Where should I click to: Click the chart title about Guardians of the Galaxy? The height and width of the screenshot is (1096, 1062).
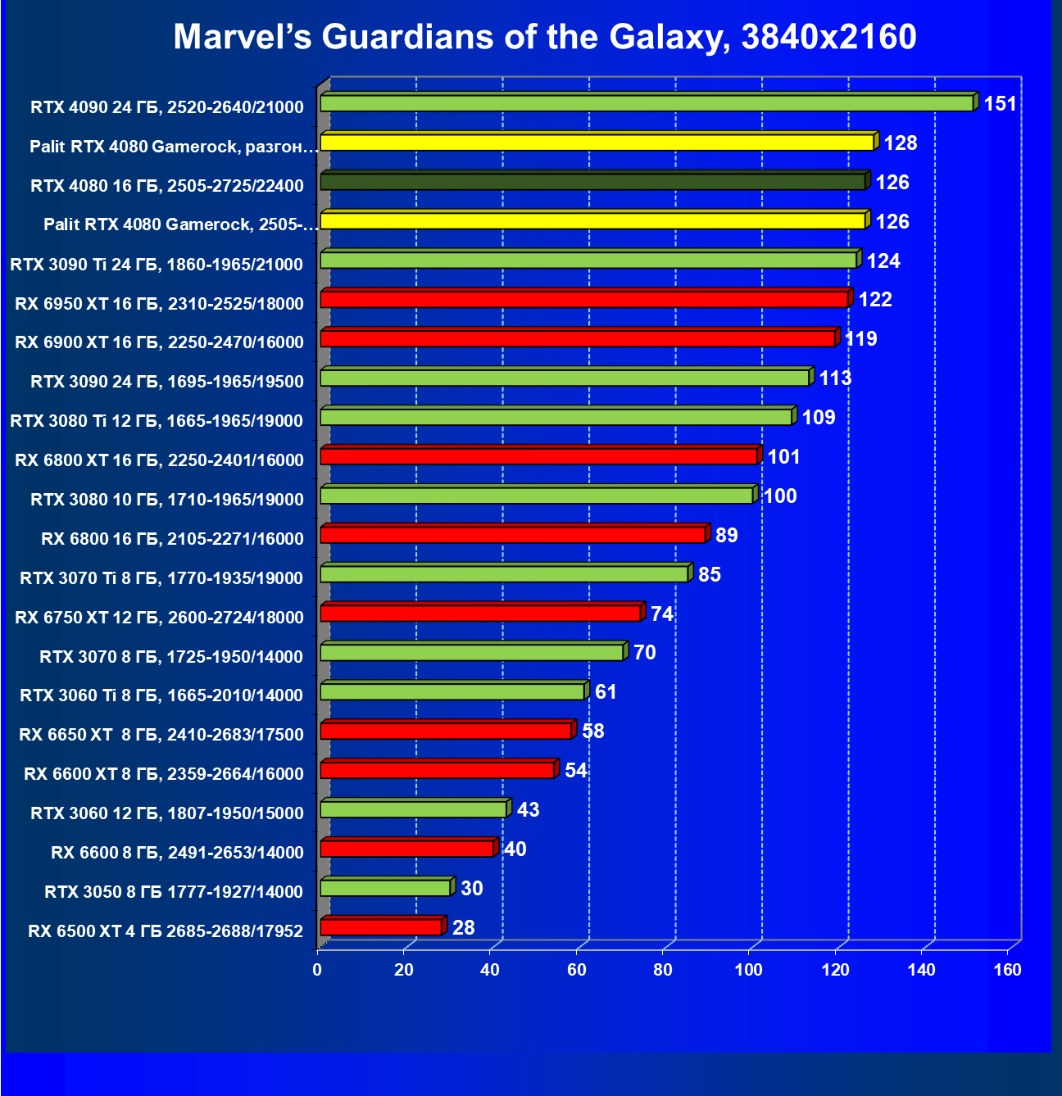[x=545, y=37]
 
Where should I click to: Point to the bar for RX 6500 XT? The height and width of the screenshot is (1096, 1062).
[x=381, y=927]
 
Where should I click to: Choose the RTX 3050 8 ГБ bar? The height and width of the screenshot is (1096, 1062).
[x=385, y=888]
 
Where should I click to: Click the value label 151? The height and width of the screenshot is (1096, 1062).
[x=1000, y=104]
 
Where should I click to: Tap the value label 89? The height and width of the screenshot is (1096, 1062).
[x=726, y=536]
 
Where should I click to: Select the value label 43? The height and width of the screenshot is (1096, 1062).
[x=529, y=810]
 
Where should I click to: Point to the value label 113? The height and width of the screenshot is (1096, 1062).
[x=835, y=378]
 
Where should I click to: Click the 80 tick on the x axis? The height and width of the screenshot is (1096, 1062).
[x=663, y=971]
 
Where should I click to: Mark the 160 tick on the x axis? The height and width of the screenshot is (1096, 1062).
[x=1008, y=971]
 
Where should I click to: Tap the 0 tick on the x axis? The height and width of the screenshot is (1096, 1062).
[x=317, y=971]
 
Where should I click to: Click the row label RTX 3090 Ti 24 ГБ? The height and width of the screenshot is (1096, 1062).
[x=157, y=265]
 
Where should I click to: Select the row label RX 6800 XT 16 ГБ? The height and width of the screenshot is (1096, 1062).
[x=159, y=460]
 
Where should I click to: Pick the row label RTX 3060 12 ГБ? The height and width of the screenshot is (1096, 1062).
[x=167, y=813]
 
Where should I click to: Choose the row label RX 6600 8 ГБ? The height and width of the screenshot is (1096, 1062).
[x=177, y=853]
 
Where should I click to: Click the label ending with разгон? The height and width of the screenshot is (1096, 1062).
[x=173, y=147]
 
